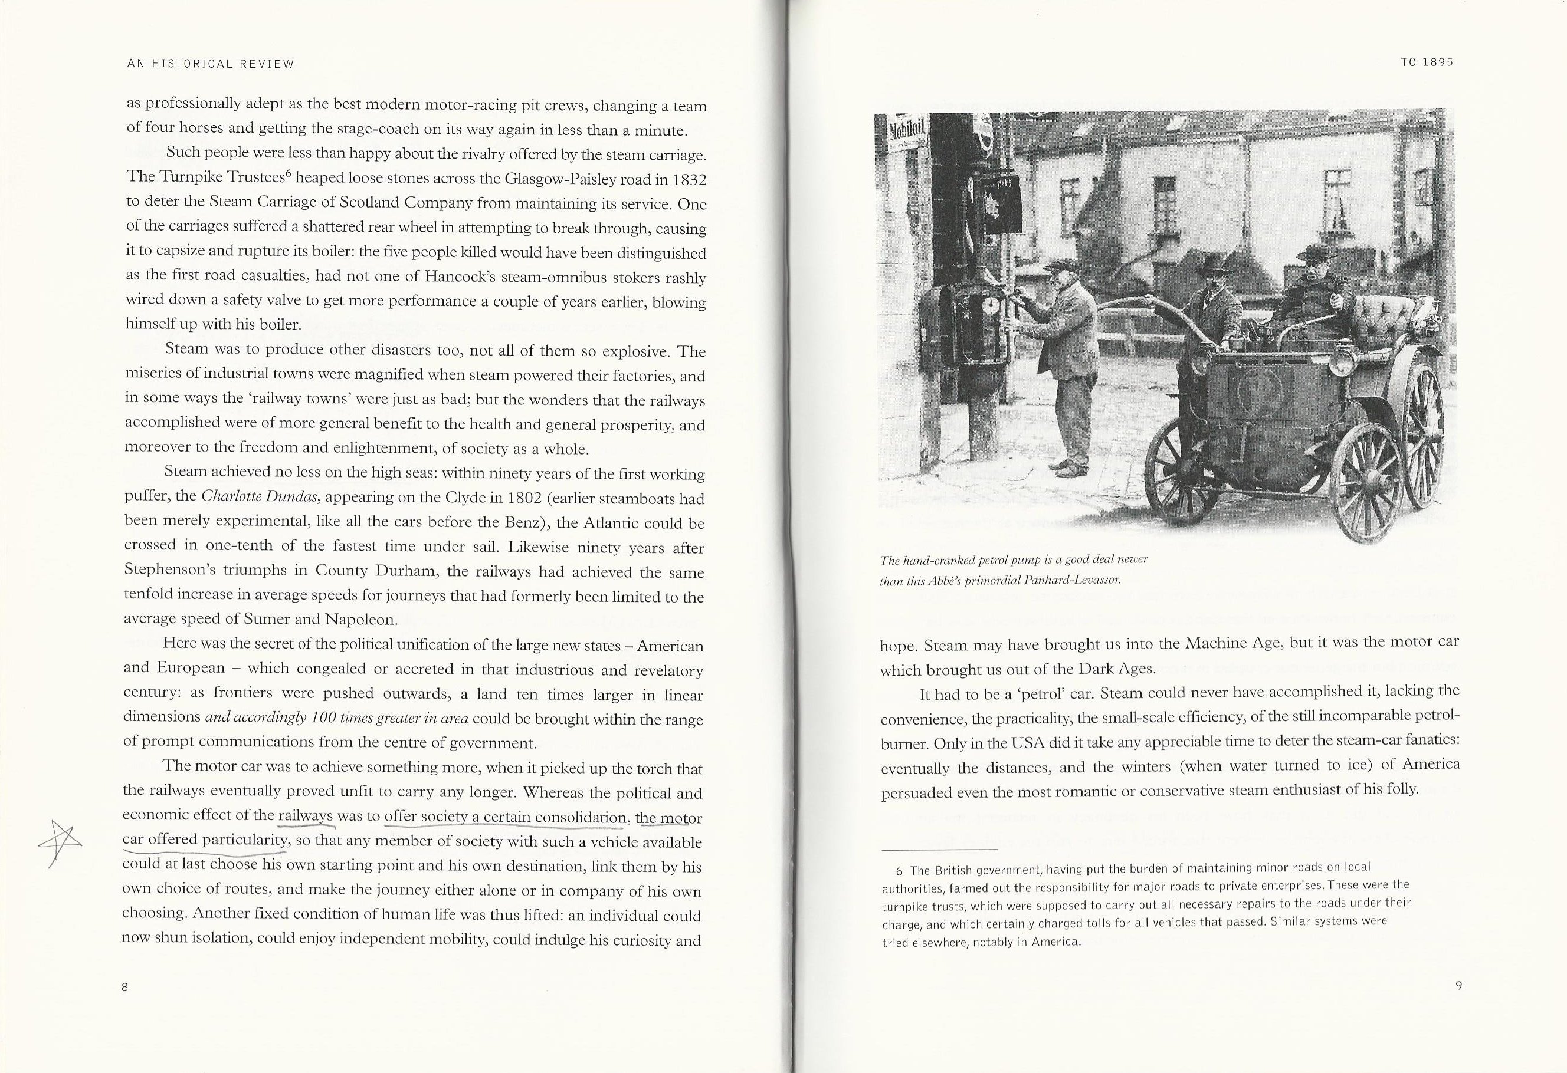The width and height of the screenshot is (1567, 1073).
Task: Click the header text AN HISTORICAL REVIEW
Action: click(x=211, y=65)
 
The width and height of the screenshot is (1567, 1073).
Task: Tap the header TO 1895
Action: click(x=1426, y=62)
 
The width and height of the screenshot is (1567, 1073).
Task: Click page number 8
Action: click(x=124, y=988)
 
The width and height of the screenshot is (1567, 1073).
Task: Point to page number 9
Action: click(x=1458, y=985)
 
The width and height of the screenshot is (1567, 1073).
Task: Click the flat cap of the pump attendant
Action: click(x=1062, y=265)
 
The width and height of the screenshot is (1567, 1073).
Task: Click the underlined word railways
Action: click(x=306, y=816)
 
